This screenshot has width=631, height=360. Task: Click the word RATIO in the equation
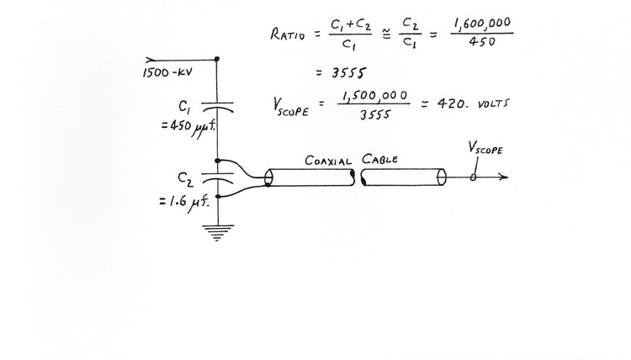point(288,35)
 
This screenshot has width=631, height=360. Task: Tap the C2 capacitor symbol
point(217,177)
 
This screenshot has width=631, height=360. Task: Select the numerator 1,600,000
point(482,23)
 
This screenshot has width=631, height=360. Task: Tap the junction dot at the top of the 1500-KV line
point(217,59)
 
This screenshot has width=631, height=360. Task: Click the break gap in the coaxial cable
point(356,177)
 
